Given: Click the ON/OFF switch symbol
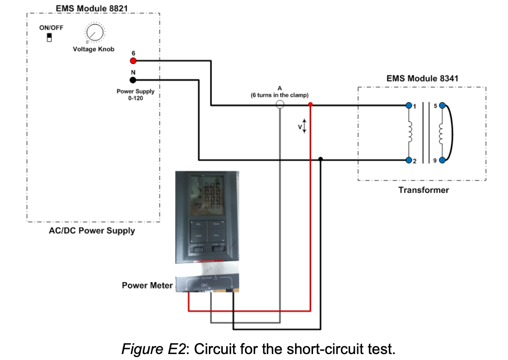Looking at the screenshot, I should click(49, 38).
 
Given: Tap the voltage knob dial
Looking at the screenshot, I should click(94, 33).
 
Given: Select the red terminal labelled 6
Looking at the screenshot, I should click(133, 61).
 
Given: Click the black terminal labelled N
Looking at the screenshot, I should click(133, 80).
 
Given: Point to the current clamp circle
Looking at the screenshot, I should click(280, 105).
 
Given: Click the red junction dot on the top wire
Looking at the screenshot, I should click(310, 105).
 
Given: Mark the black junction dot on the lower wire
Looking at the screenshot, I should click(320, 160).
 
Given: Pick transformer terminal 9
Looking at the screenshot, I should click(442, 160).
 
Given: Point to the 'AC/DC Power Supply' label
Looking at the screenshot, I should click(92, 231).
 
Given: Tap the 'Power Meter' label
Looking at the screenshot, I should click(147, 285).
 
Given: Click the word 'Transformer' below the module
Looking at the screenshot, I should click(423, 190).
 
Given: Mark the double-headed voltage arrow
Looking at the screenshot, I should click(305, 126).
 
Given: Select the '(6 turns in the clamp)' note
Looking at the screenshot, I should click(280, 95).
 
